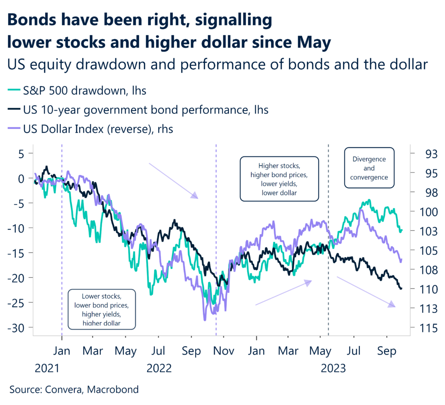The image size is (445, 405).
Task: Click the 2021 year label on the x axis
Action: coord(47,368)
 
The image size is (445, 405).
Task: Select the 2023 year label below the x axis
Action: coord(333,368)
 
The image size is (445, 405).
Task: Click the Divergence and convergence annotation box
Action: coord(369,168)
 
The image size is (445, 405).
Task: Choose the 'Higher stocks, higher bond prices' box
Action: coord(279,179)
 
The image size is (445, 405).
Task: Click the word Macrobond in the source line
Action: coord(113,389)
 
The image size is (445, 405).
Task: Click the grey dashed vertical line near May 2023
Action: coord(328,261)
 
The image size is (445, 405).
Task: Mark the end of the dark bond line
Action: coord(401,288)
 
